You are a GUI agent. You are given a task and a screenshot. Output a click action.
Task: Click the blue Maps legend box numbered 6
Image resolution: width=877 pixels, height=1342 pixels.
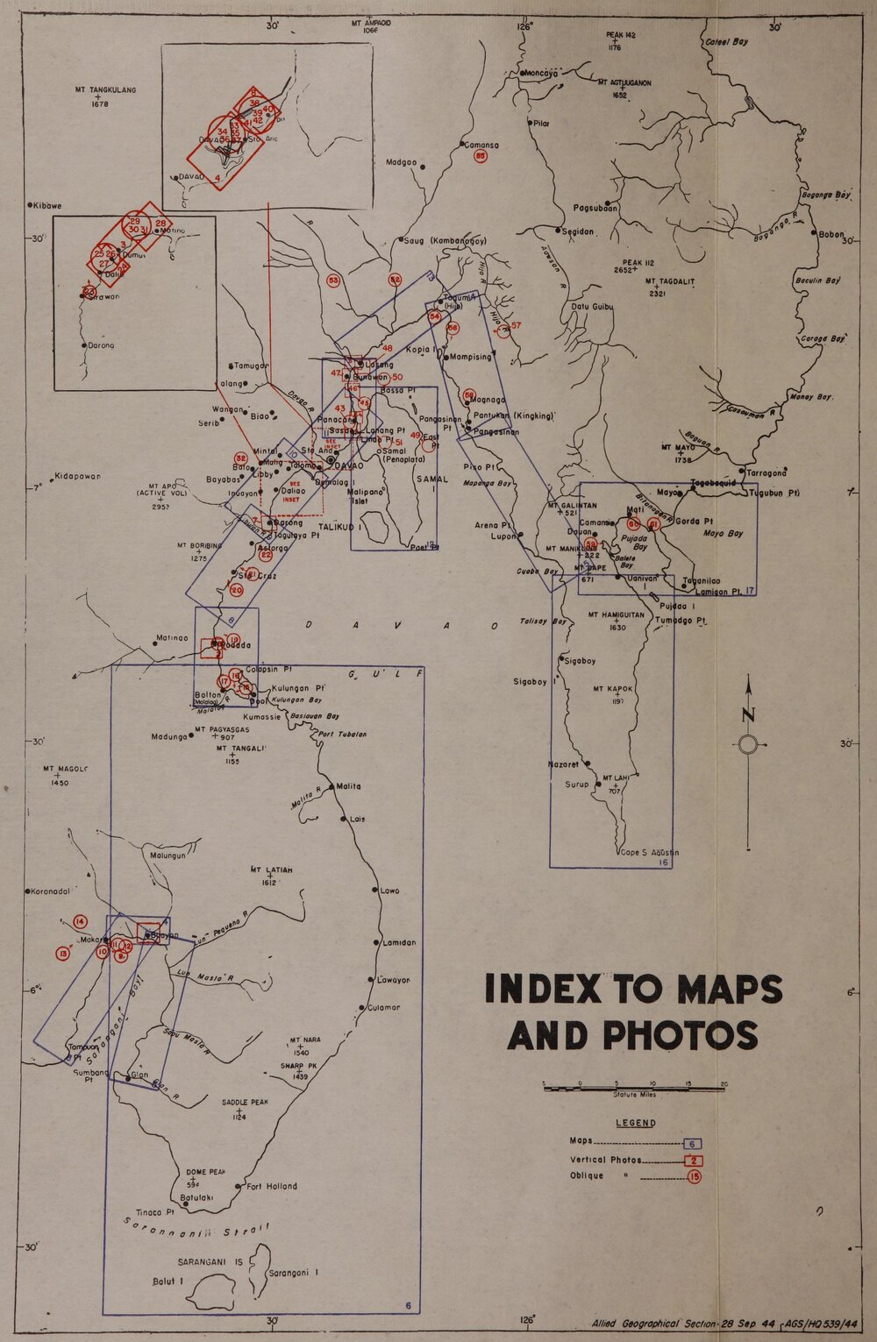(x=692, y=1144)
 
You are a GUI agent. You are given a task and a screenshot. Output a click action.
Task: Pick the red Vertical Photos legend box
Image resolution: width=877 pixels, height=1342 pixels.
(x=693, y=1161)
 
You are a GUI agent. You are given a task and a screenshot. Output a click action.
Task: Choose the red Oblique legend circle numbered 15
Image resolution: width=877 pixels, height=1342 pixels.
(x=694, y=1176)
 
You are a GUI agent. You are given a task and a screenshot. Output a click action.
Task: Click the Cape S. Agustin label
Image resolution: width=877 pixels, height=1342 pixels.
(x=649, y=852)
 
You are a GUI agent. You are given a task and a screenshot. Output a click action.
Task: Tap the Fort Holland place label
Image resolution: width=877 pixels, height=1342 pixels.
(x=271, y=1186)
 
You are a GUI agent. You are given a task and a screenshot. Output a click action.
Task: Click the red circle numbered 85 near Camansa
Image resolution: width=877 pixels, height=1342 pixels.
(x=481, y=156)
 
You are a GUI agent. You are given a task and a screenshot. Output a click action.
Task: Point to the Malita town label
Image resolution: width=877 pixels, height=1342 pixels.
(x=348, y=786)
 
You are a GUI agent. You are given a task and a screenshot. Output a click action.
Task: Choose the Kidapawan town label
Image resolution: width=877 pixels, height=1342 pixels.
(x=78, y=477)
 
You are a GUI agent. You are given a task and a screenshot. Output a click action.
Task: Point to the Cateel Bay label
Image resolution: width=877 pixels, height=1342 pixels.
(x=727, y=41)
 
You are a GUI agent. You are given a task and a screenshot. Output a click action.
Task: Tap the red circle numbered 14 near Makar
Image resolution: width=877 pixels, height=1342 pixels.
(x=81, y=921)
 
